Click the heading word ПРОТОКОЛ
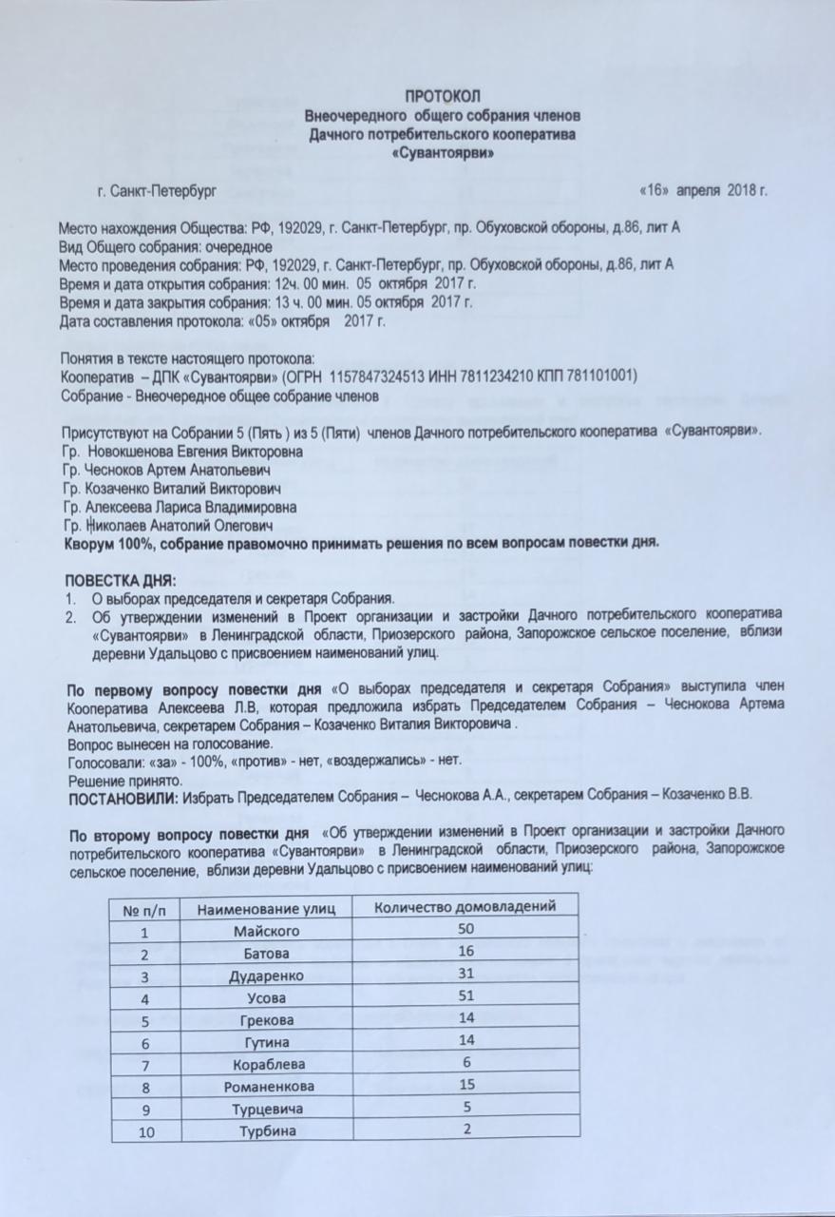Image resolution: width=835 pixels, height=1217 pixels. (x=444, y=95)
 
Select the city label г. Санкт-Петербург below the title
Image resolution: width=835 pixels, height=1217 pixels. (x=156, y=190)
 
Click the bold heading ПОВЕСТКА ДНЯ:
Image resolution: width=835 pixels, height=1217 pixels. (x=120, y=580)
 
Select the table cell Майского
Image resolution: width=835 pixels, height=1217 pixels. (x=267, y=931)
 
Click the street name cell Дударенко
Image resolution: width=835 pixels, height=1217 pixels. (x=266, y=976)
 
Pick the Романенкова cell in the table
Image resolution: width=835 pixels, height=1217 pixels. (x=267, y=1086)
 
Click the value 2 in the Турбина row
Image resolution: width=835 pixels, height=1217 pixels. (x=466, y=1128)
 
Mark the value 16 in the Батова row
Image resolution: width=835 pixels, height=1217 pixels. (x=465, y=952)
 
